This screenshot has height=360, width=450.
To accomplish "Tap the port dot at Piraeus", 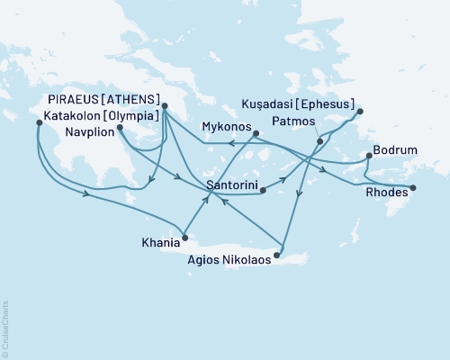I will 165,106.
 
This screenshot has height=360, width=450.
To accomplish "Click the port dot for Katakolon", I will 38,123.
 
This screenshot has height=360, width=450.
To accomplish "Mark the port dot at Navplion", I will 119,128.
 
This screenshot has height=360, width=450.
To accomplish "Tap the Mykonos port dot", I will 256,134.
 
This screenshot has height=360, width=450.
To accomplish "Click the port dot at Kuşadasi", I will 359,112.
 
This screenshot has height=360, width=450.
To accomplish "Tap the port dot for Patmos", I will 319,141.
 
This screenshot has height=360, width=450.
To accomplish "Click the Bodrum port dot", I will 369,157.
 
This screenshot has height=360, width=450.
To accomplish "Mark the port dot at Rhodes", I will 413,188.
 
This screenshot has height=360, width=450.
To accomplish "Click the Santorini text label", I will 233,186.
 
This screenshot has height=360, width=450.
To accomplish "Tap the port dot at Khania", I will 184,238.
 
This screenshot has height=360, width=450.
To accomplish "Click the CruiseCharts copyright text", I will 5,328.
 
